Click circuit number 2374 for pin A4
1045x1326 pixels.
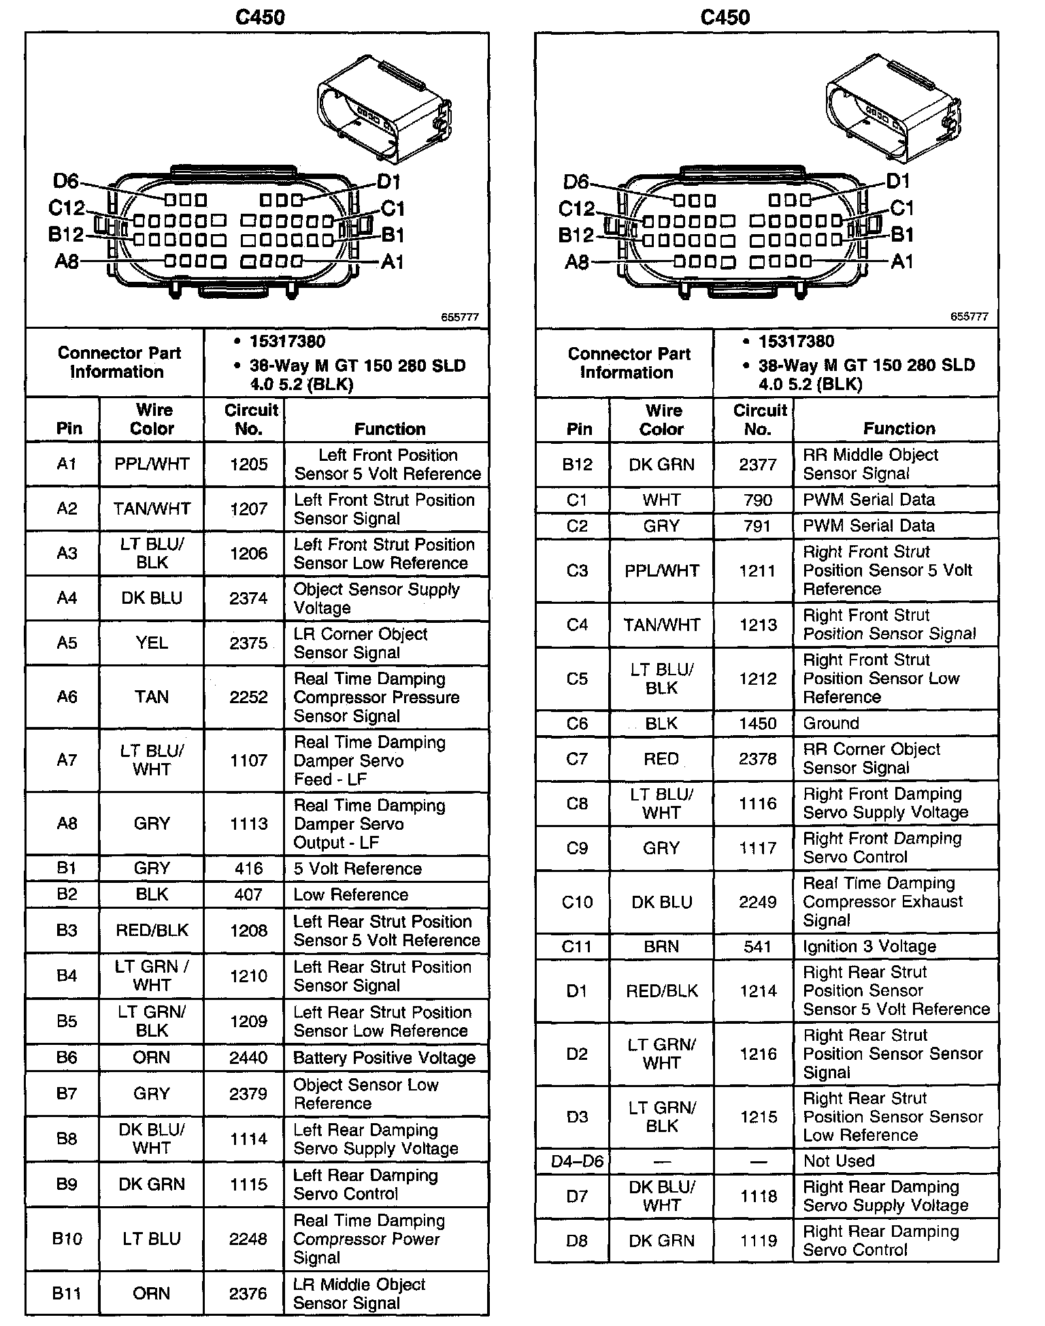(248, 598)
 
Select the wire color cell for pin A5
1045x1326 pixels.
(151, 643)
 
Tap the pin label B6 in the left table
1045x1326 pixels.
(67, 1057)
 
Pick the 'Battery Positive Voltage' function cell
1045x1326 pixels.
(384, 1058)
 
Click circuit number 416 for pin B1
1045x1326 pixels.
(248, 869)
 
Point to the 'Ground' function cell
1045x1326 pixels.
(831, 723)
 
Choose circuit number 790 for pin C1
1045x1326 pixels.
(758, 500)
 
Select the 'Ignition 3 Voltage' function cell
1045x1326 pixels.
(869, 946)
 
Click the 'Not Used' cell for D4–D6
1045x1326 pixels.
(839, 1161)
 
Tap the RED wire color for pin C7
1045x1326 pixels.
(661, 759)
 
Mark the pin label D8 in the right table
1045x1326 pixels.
(576, 1240)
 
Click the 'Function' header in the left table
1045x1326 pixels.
(390, 429)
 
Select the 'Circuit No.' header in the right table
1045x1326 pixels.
(759, 419)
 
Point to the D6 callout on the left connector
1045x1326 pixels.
(66, 181)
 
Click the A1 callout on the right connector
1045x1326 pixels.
(902, 261)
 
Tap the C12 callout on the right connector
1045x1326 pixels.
(576, 208)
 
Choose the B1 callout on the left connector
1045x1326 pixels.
(393, 236)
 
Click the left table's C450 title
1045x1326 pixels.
(260, 17)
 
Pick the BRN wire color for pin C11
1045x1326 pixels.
(661, 946)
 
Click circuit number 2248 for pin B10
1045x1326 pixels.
(248, 1239)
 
